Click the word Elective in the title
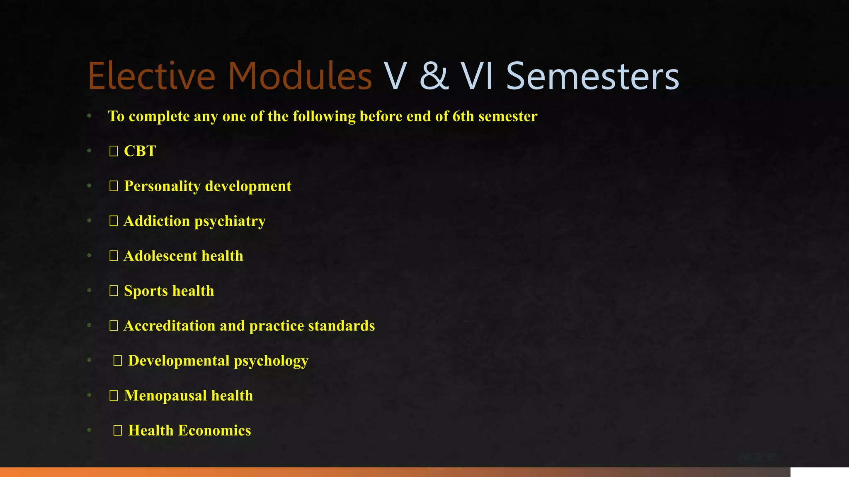coord(151,76)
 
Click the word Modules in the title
coord(300,76)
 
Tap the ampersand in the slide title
coord(434,76)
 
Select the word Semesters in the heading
coord(592,76)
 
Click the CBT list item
coord(140,151)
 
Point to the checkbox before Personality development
coord(114,186)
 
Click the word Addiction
coord(157,221)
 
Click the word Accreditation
coord(170,326)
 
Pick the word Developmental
coord(179,361)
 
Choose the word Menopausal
coord(165,396)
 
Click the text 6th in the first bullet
coord(463,116)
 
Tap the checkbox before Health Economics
coord(118,431)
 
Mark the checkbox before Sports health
coord(114,291)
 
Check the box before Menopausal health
coord(114,396)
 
